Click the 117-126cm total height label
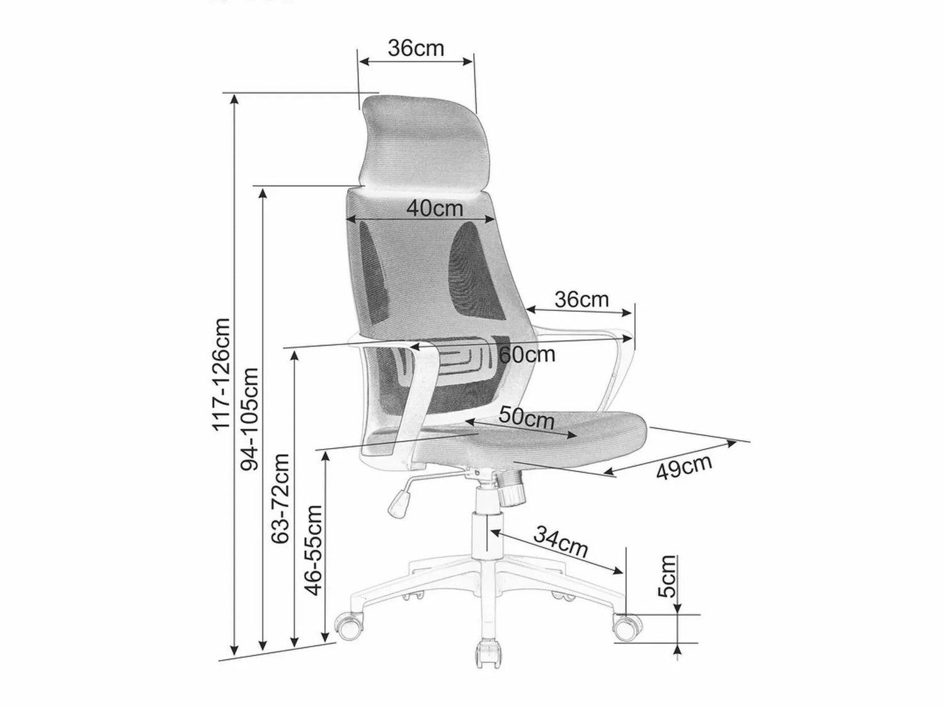click(x=221, y=374)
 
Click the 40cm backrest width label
click(x=435, y=209)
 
